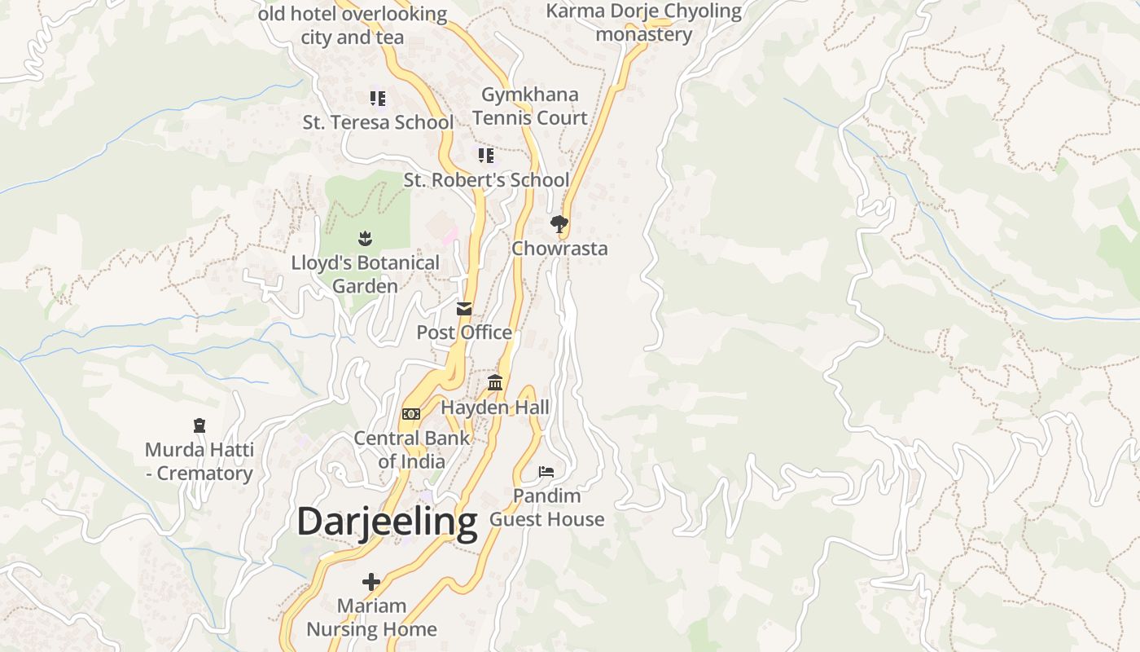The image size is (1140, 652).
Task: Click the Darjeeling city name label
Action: [387, 522]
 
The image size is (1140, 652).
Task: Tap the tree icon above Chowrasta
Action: [559, 223]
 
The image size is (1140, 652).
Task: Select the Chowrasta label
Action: [559, 249]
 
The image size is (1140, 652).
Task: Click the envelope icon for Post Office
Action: [464, 308]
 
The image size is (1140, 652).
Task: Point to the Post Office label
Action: [464, 333]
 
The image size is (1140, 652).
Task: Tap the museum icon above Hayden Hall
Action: [494, 382]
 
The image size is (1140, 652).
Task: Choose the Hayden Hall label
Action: [495, 407]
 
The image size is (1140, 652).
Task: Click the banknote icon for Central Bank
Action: [411, 414]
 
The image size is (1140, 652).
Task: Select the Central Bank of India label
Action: [411, 450]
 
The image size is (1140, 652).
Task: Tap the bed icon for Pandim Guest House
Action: [546, 472]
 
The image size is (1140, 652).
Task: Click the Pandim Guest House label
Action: [546, 508]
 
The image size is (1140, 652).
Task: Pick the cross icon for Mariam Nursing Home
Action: [371, 582]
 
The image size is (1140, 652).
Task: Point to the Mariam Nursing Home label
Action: [371, 618]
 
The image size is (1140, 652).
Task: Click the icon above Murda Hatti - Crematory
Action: [199, 425]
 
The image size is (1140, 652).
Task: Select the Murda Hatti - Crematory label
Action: [199, 461]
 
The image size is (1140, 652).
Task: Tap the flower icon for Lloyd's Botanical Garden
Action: [365, 239]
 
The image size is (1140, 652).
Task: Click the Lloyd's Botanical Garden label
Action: [365, 275]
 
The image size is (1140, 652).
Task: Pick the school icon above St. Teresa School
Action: [378, 99]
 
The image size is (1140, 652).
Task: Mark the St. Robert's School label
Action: [486, 180]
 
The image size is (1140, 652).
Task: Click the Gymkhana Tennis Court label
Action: [529, 106]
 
